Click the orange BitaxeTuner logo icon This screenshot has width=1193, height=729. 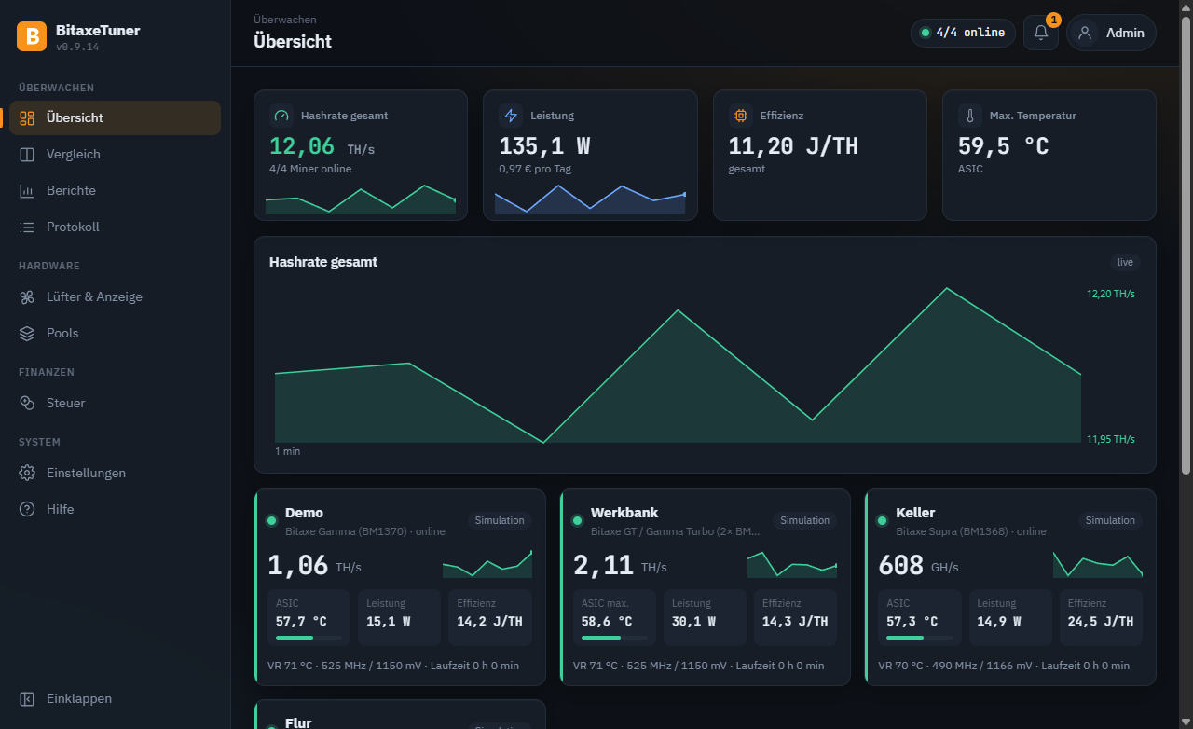point(32,36)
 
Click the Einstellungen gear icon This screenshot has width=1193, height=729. point(27,473)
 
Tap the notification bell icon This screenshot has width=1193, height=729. point(1041,33)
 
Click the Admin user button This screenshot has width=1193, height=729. point(1111,33)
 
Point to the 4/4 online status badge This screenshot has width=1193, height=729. point(963,33)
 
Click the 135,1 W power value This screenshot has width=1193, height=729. point(544,146)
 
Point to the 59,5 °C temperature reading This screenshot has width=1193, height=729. point(1004,146)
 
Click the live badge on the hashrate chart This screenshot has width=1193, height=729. point(1125,262)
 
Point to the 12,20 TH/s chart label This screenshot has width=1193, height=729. point(1111,294)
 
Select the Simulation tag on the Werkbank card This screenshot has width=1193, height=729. point(804,520)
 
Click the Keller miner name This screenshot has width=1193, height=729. point(915,513)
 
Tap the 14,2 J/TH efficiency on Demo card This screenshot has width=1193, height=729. point(489,622)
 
